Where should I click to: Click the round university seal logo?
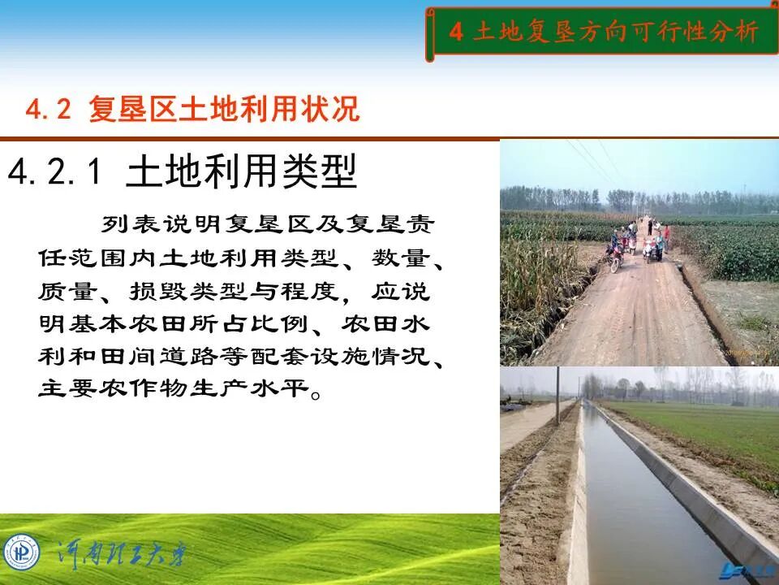click(21, 552)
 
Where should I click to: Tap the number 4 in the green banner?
click(456, 32)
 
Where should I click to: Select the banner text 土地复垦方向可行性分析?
click(614, 32)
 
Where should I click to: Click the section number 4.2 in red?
click(49, 110)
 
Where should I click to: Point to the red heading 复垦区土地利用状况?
click(224, 110)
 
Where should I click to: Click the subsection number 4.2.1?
click(58, 172)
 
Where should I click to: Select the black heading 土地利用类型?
click(242, 171)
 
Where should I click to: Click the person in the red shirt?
click(666, 235)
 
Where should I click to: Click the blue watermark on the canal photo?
click(747, 574)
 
